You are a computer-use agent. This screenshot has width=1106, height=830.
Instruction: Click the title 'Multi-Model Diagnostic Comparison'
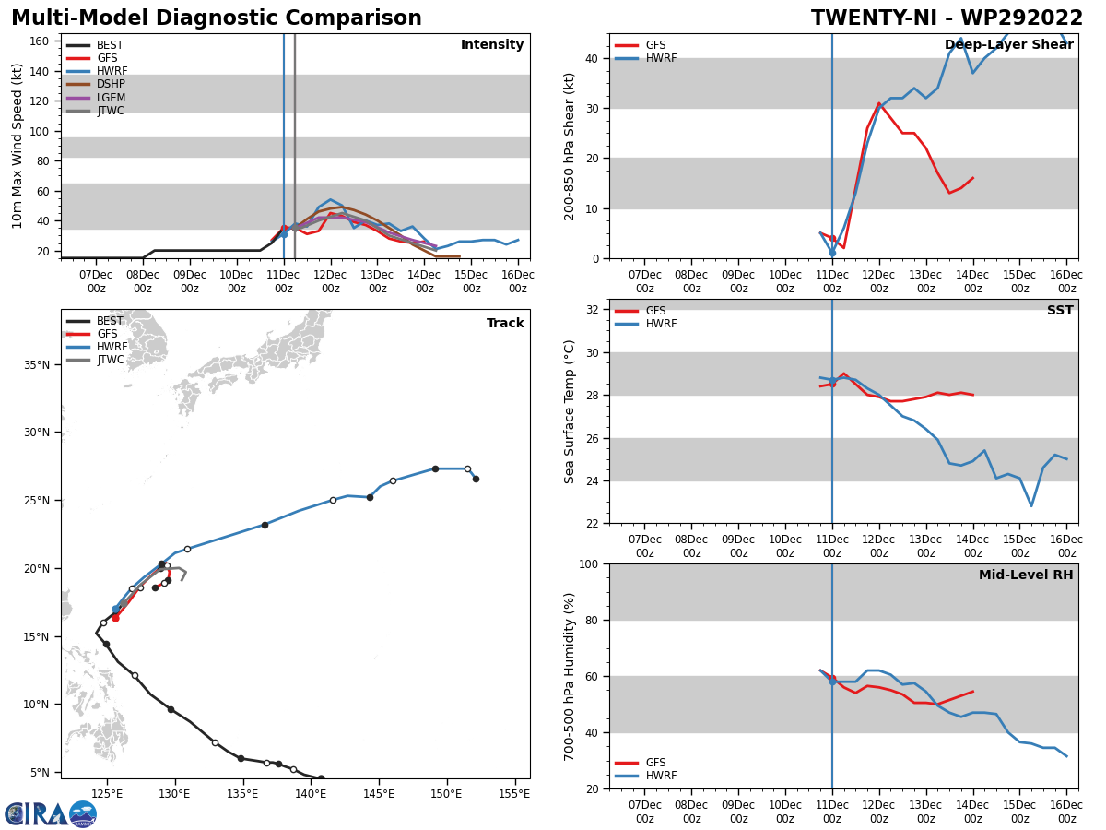tap(216, 18)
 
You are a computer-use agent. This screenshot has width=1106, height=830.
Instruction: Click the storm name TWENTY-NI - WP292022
tap(947, 18)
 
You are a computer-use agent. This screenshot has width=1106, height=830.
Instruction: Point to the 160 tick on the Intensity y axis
tap(40, 41)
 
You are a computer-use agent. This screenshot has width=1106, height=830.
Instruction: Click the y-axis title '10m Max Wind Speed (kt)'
tap(18, 146)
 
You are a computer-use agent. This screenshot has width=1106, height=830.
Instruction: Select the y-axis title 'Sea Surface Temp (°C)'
tap(570, 411)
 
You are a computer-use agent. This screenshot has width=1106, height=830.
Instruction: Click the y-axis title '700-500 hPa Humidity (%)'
tap(570, 676)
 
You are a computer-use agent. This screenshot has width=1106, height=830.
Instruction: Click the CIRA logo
tap(51, 814)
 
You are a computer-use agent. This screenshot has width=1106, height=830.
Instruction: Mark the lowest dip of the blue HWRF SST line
tap(1031, 505)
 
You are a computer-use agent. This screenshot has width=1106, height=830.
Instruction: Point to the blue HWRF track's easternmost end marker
tap(476, 479)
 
